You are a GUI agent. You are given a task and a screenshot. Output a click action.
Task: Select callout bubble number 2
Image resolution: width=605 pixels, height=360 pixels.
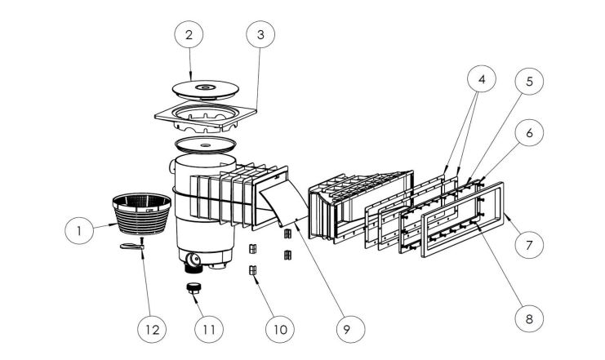[189, 36]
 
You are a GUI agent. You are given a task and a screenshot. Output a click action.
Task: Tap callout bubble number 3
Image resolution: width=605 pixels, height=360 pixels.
[260, 36]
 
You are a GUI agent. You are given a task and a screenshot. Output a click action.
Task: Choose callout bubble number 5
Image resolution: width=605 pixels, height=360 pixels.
[530, 82]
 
